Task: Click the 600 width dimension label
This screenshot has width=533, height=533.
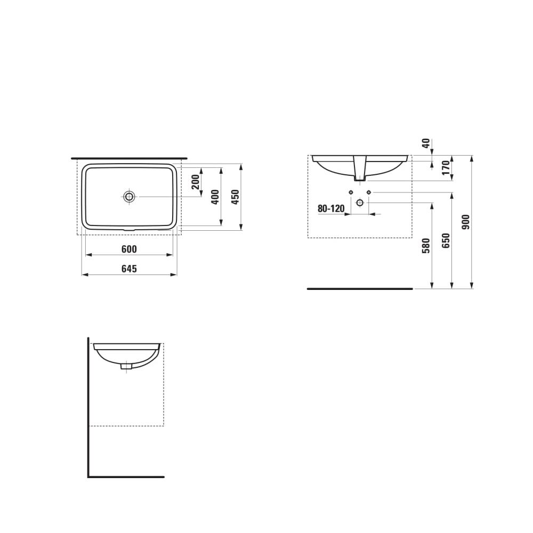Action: tap(129, 249)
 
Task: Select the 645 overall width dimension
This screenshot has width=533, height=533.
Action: tap(129, 269)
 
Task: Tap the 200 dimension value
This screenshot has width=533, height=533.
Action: tap(196, 182)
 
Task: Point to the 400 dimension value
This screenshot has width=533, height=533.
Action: tap(215, 197)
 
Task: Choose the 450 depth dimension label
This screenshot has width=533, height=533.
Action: tap(235, 197)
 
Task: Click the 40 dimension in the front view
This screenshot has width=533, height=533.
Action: tap(425, 143)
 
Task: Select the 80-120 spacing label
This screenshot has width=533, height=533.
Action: tap(331, 208)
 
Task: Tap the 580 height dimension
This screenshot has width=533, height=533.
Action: tap(425, 246)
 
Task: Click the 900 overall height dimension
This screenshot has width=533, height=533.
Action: tap(466, 222)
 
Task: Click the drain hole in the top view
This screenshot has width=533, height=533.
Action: tap(129, 197)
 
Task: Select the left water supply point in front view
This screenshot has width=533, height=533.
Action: tap(351, 192)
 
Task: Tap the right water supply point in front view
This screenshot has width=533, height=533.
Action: tap(369, 192)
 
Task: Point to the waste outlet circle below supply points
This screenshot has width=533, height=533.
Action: tap(360, 203)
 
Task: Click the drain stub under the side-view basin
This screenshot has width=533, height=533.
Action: tap(126, 366)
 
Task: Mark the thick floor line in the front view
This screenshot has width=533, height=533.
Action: tap(360, 289)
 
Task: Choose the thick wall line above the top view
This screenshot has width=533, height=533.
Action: tap(129, 158)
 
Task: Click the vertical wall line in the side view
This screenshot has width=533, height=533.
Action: tap(88, 405)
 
